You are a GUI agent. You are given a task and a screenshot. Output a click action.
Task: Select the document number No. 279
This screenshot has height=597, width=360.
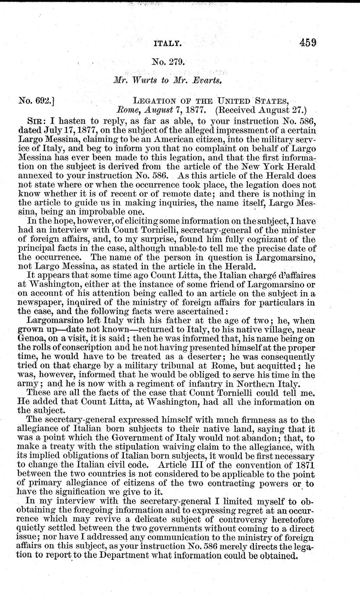click(169, 62)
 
